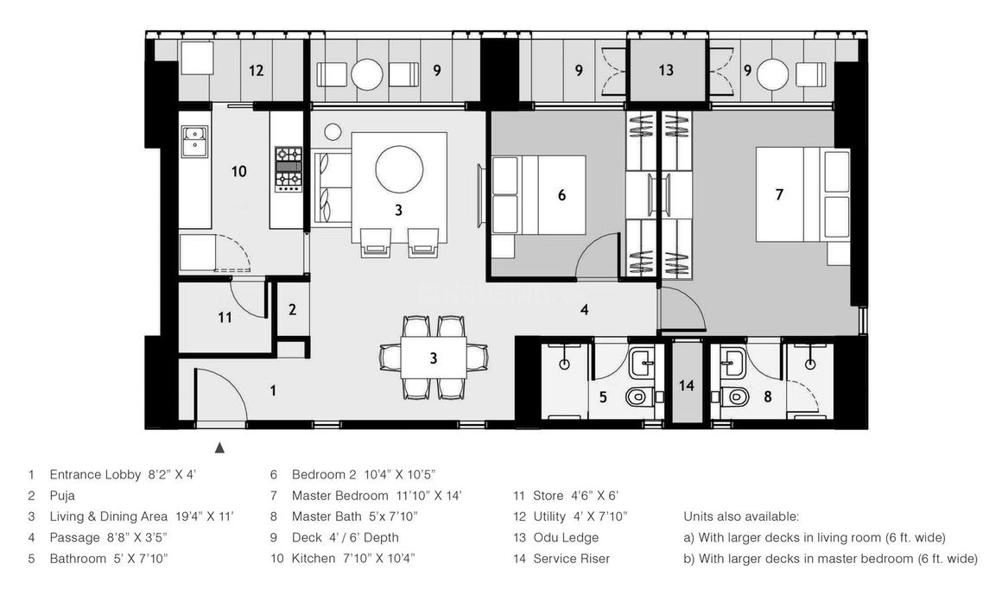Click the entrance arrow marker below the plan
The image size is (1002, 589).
[x=219, y=447]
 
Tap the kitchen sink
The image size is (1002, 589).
[x=194, y=136]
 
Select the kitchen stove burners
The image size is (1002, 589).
[x=288, y=168]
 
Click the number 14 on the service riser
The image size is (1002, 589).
[x=686, y=386]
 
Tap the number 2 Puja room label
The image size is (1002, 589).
[x=293, y=309]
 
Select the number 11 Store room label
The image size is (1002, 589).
[x=225, y=317]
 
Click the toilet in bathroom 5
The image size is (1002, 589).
[x=637, y=399]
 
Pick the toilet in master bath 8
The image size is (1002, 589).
[x=737, y=398]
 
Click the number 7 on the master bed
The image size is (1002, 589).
[x=779, y=195]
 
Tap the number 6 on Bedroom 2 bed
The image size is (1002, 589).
[x=561, y=196]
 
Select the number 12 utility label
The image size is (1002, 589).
[x=256, y=71]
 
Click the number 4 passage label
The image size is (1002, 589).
[x=585, y=309]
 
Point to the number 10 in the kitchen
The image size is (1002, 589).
[x=238, y=171]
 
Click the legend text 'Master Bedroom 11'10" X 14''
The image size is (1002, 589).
[x=377, y=496]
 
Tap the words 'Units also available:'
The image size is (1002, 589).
[x=741, y=516]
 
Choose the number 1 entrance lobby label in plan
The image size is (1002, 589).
[x=273, y=390]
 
